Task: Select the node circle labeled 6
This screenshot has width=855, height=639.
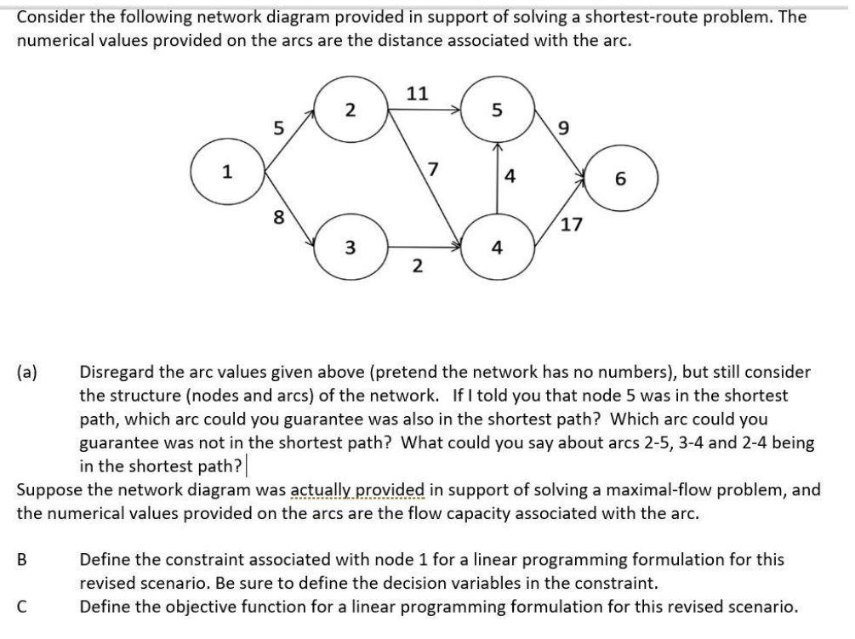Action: [618, 180]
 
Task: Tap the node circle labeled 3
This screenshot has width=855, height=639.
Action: [351, 248]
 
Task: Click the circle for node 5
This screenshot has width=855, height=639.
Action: [498, 111]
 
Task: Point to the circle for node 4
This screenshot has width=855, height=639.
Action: [498, 248]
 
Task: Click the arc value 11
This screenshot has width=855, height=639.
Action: [417, 93]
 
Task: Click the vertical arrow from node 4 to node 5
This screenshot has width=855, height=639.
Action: [498, 179]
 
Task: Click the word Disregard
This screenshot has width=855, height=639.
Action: [118, 373]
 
